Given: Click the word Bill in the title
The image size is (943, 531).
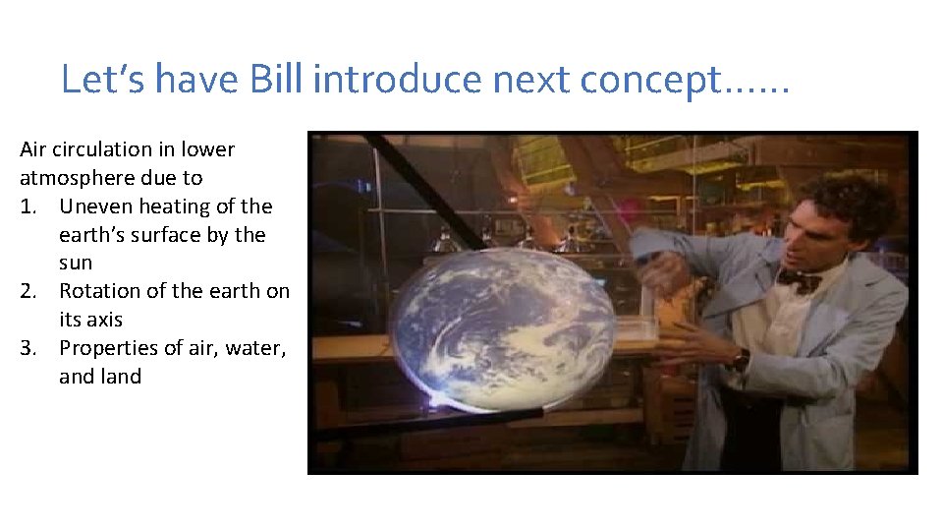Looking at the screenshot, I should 277,79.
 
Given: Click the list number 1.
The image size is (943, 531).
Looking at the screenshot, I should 27,206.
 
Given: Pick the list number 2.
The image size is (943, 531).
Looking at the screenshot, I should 28,291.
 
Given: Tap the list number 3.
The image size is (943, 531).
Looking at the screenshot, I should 28,348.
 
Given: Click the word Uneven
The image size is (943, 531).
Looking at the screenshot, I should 95,206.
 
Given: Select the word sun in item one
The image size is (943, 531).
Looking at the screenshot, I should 76,264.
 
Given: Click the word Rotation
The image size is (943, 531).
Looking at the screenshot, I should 98,291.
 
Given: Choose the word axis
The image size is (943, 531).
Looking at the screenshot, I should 102,320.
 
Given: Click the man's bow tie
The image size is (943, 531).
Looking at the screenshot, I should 798,281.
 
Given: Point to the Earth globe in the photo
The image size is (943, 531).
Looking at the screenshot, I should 503,326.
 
